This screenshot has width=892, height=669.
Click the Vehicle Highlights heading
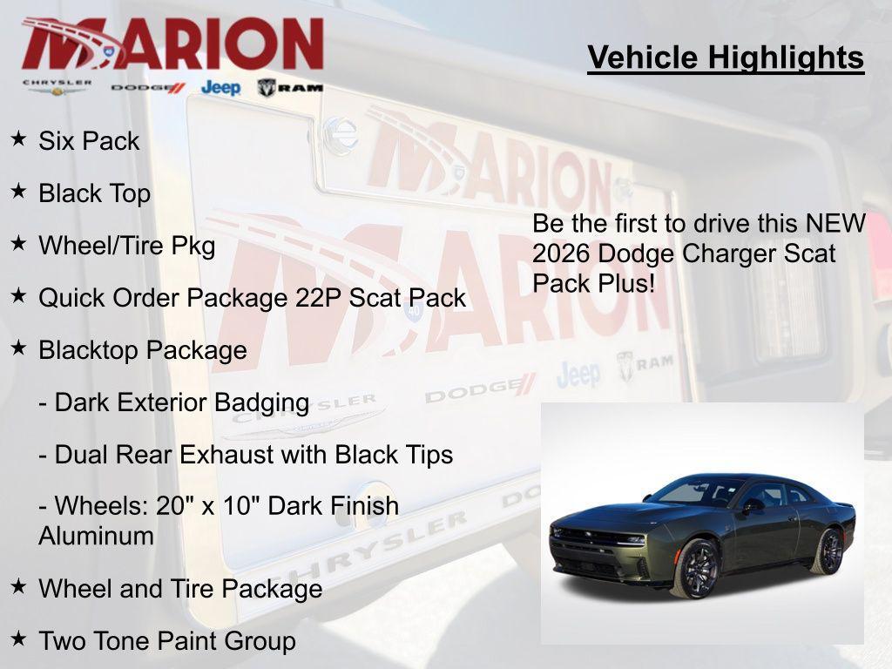pos(726,57)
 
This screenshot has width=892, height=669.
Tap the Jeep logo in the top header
pos(220,87)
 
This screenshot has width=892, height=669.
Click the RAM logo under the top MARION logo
pos(290,87)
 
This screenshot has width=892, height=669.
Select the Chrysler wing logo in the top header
pos(57,87)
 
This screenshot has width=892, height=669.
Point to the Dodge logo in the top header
pos(148,87)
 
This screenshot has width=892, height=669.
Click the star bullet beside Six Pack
pos(18,139)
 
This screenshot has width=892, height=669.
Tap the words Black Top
pos(94,193)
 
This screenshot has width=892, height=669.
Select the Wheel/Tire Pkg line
pos(126,246)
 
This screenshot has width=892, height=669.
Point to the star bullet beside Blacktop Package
pos(18,348)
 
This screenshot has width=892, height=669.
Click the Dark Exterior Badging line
pos(174,402)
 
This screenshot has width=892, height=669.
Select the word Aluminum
pos(96,536)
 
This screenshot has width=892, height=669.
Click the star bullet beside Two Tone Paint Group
pos(18,639)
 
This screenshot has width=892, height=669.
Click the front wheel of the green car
pos(696,567)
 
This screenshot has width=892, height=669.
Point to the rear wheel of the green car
pos(828,551)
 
